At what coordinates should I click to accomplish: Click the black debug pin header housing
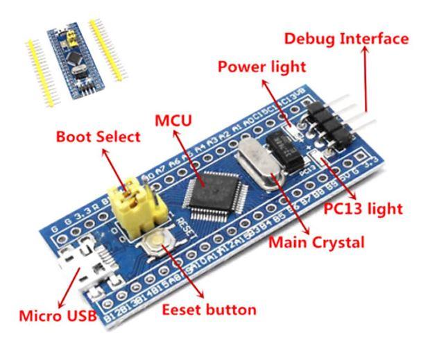[326, 122]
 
